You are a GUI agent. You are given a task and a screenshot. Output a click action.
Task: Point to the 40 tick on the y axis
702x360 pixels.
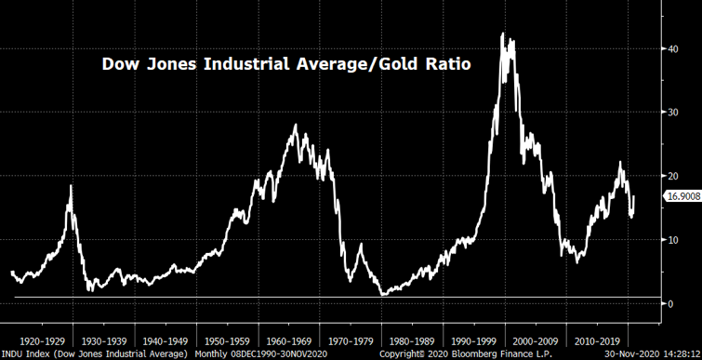click(674, 48)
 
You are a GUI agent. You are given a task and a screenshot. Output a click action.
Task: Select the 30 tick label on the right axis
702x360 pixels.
click(674, 112)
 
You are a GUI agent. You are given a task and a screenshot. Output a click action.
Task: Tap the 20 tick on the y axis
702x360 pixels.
click(674, 176)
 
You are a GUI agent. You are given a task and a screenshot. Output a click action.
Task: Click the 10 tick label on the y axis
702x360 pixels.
click(674, 239)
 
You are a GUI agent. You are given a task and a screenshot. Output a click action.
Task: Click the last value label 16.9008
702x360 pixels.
click(681, 196)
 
